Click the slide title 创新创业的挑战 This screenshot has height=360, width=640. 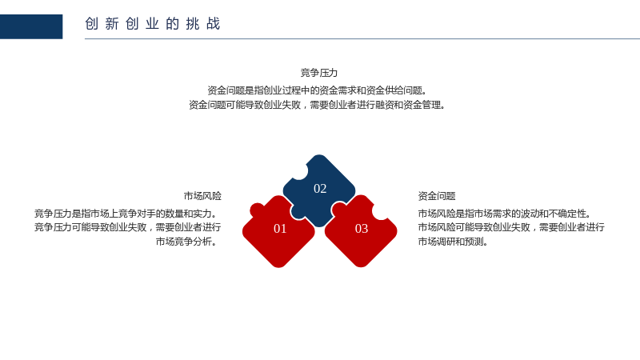coord(152,24)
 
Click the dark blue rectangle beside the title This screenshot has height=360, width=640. coord(31,26)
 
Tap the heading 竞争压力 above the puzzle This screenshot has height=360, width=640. coord(318,73)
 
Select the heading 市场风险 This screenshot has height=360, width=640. coord(202,196)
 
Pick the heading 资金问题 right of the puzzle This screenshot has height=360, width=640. coord(437,196)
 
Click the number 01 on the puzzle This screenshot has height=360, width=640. coord(280,229)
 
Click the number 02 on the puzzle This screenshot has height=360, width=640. coord(320,189)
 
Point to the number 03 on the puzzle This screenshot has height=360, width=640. coord(362,229)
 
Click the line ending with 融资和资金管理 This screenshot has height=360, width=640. coord(317,105)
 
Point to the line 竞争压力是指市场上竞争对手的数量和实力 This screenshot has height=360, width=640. coord(126,214)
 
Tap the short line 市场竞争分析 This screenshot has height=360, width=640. coord(186,242)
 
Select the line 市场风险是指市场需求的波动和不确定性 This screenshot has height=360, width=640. coord(505,214)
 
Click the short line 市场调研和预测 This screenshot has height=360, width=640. coord(453,242)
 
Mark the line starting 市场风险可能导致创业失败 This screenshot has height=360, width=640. coord(511,227)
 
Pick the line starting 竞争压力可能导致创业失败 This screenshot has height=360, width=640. coord(127,227)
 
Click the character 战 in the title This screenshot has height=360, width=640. coord(213,24)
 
